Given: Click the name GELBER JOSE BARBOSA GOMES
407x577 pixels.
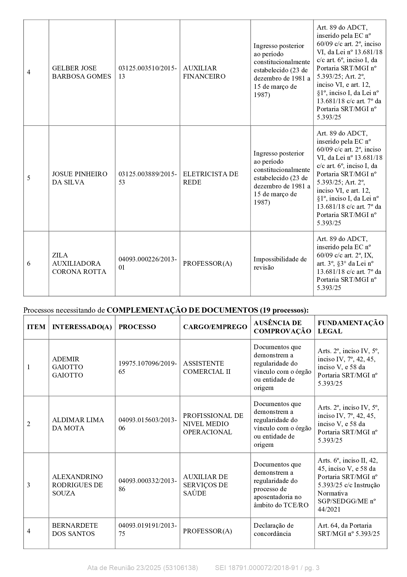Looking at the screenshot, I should point(81,72).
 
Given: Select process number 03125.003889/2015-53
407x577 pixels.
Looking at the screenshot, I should point(147,178).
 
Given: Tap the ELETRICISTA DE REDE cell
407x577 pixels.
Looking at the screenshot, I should point(210,178).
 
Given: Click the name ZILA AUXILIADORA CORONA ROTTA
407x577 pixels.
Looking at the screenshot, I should point(79,263).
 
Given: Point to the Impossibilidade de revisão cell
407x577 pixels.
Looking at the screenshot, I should point(280,263).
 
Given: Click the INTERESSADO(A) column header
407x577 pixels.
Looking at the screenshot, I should point(82,327).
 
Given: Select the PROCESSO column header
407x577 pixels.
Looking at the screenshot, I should point(137,327).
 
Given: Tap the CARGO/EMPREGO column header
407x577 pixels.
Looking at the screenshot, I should point(215,327).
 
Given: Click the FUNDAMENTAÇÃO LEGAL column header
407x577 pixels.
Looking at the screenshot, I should point(350,327).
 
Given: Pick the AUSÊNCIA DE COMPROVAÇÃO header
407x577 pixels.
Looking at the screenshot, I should point(282,327).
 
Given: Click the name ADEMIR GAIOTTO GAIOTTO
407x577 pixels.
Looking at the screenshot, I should point(68,367).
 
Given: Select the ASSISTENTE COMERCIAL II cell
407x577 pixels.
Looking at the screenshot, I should point(207,367).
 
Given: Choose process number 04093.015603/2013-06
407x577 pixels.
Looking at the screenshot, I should point(147,424).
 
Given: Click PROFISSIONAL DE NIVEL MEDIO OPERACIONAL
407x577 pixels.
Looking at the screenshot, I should point(213,424).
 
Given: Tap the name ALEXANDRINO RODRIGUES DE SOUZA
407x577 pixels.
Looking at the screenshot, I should point(77,485).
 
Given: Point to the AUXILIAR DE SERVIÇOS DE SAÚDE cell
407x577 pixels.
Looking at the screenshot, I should point(205,485).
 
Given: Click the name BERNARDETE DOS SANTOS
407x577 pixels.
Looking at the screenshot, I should point(75,529).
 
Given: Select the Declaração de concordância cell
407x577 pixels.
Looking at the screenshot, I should point(273,529).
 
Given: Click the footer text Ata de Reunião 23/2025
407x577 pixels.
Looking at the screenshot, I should point(142,568).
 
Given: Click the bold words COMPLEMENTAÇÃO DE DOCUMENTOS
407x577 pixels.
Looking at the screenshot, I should point(182,310).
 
